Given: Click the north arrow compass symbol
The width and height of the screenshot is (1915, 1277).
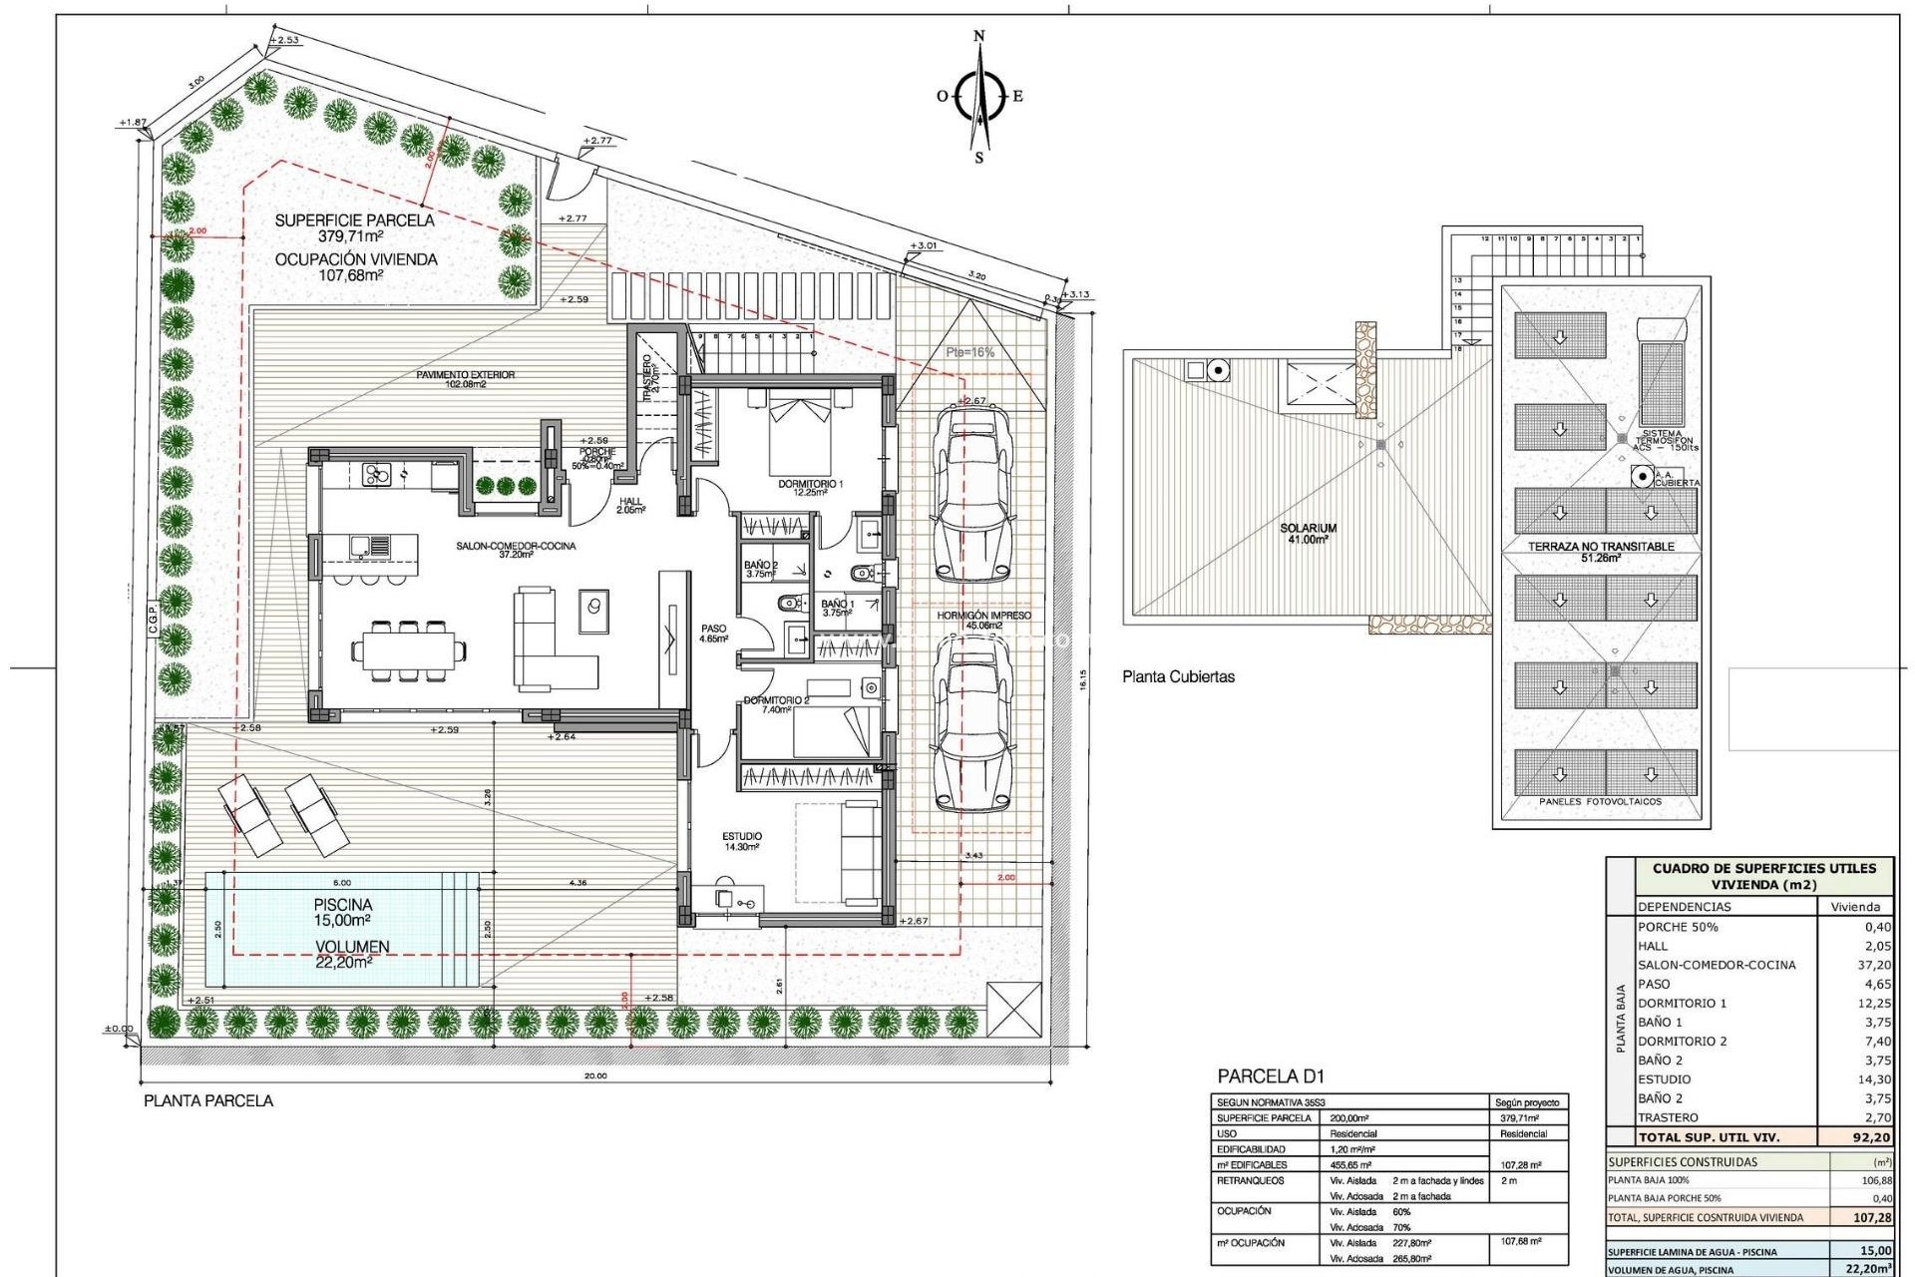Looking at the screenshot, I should [x=979, y=97].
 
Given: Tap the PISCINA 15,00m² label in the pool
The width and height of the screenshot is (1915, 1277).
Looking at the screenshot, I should [x=343, y=912].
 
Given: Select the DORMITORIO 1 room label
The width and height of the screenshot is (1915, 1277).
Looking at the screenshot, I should [x=810, y=488].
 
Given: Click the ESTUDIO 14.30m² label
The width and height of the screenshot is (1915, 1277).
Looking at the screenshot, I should [x=742, y=842].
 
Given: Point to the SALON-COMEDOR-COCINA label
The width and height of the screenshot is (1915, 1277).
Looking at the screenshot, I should [x=516, y=550].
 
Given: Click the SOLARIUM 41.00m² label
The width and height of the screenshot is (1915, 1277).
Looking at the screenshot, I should [x=1308, y=534].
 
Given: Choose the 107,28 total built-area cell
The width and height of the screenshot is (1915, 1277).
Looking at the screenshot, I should [x=1871, y=1218].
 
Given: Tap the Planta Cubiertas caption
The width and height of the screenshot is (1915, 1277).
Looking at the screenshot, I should [x=1178, y=676].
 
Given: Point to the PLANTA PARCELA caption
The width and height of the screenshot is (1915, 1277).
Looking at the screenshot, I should [x=208, y=1101].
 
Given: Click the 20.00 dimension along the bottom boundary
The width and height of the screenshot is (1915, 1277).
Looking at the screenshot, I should [x=595, y=1075].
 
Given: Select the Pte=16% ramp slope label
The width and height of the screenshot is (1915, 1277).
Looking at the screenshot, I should [x=969, y=352].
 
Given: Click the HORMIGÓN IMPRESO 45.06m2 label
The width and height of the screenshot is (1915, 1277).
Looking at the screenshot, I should [x=983, y=621].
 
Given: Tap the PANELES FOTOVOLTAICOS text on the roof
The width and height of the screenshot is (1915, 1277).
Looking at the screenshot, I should [x=1600, y=801].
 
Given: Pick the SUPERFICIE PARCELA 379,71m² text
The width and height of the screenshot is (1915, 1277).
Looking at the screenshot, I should [x=354, y=228].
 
